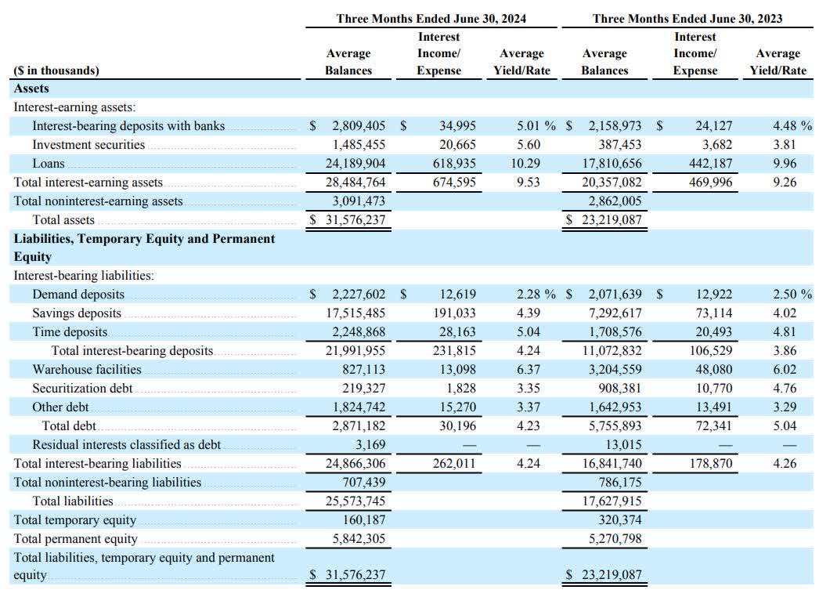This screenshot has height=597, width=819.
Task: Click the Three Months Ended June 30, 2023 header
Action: point(687,18)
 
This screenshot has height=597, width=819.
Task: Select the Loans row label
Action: point(49,164)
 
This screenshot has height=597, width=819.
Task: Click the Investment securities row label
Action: point(88,145)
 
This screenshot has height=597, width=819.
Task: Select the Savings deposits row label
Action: point(77,313)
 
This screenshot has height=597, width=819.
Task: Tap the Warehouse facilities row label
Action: point(87,369)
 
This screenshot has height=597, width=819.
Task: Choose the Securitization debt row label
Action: point(82,388)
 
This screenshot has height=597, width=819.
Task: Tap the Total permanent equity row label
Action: point(75,539)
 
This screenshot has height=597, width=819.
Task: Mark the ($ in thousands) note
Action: point(56,71)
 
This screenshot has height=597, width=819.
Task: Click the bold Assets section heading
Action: point(31,89)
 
